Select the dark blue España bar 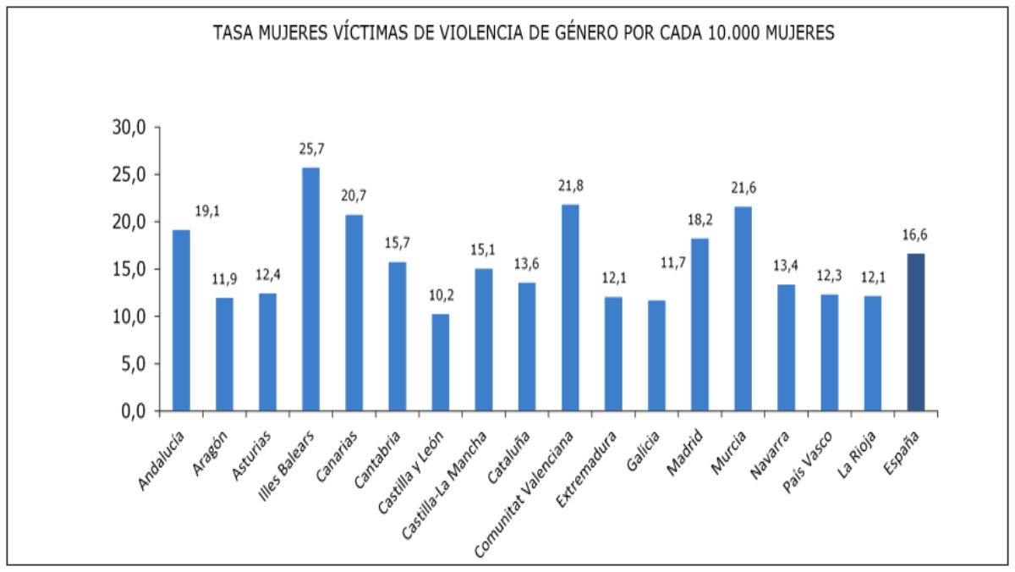click(915, 333)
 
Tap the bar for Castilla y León click(441, 362)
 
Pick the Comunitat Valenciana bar click(570, 308)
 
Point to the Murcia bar click(743, 309)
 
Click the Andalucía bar click(182, 321)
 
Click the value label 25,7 click(311, 149)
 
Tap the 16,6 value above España click(915, 234)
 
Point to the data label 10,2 click(441, 295)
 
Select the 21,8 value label click(570, 185)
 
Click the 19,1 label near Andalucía click(207, 212)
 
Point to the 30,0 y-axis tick click(130, 128)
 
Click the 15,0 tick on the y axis click(130, 269)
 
